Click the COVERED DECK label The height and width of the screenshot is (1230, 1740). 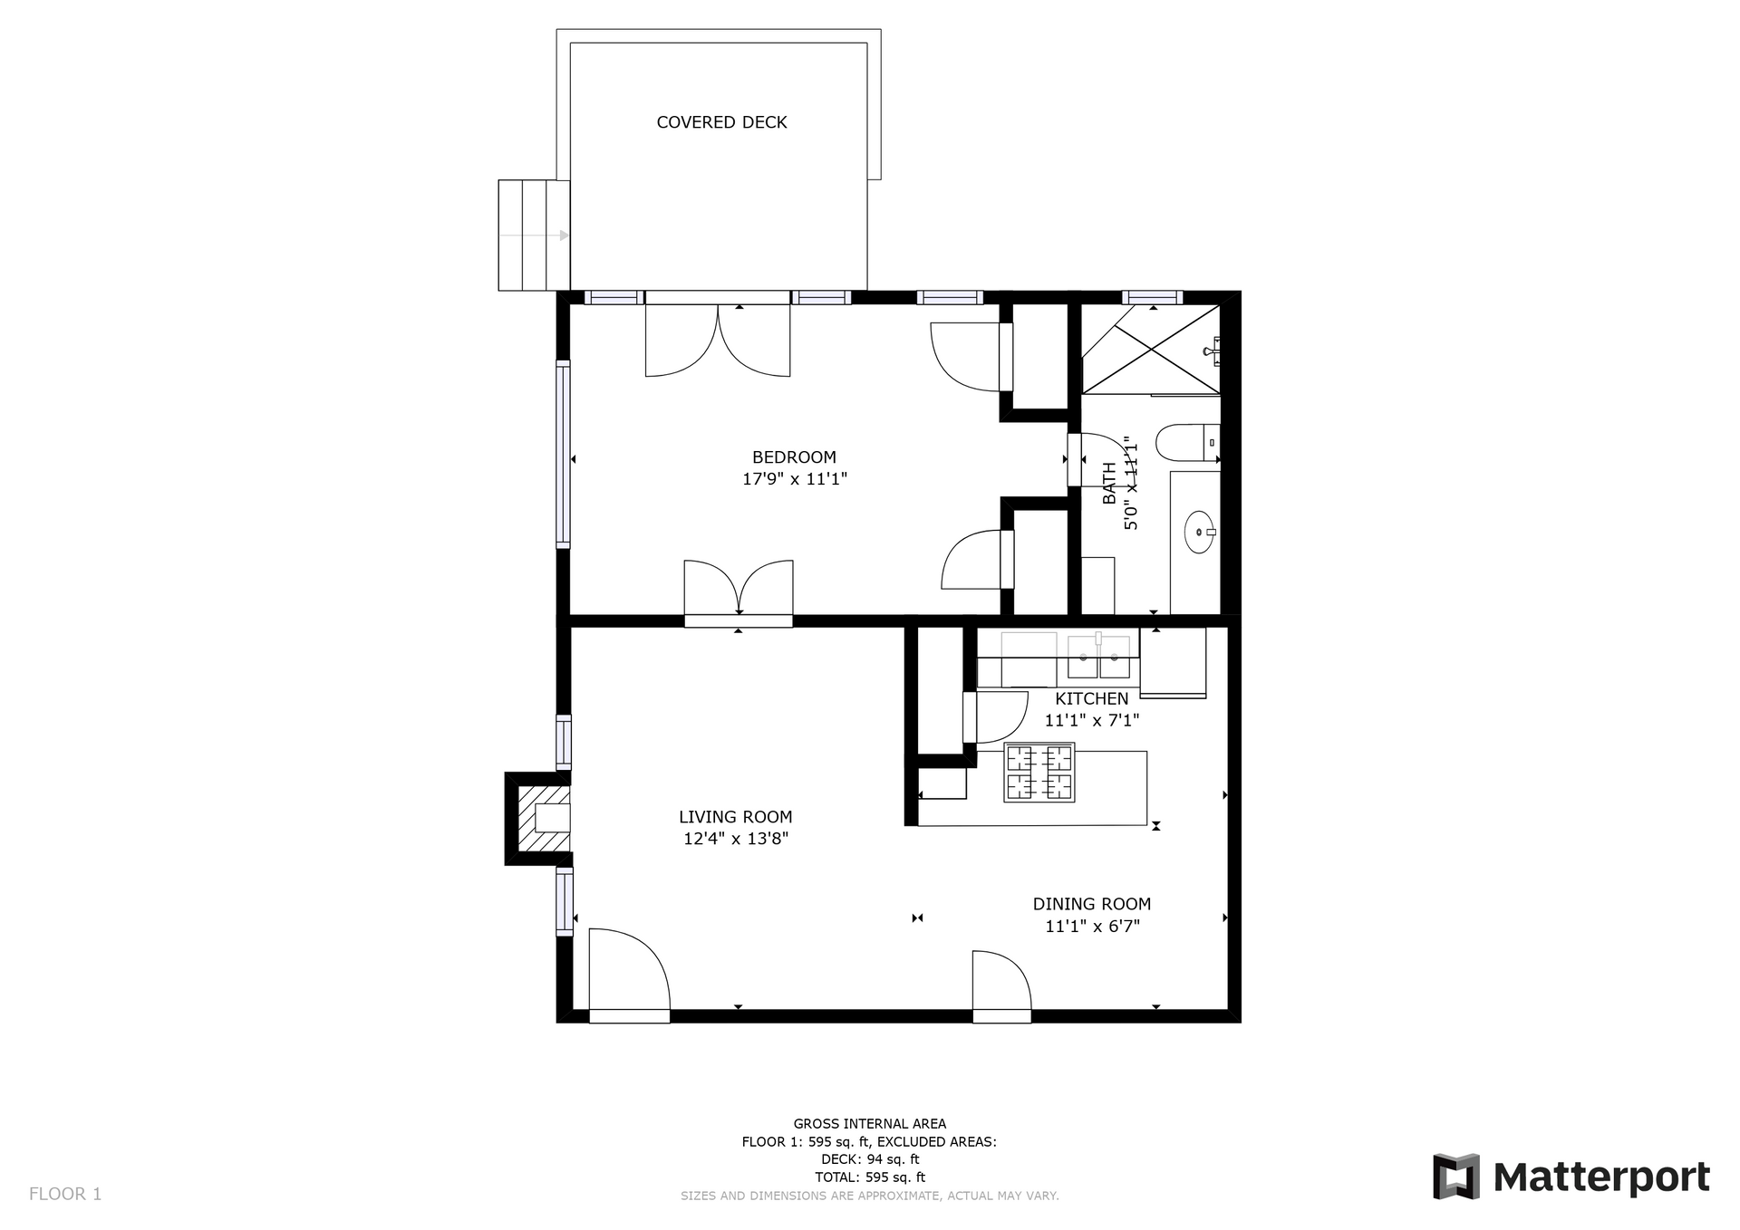721,122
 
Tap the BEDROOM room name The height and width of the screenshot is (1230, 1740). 794,457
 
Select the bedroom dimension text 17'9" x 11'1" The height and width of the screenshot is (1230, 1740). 794,479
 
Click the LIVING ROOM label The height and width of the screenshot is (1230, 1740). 736,817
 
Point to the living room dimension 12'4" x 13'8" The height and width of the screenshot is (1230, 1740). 736,839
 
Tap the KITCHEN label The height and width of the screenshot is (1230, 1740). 1092,698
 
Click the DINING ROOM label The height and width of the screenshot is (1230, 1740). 1092,904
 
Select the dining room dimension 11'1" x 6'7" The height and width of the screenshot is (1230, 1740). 1092,926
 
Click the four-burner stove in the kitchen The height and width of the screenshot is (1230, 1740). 1039,773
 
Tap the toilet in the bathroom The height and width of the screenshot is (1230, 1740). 1187,443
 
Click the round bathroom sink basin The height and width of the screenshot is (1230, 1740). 1200,533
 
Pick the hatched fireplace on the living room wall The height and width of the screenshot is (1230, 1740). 538,819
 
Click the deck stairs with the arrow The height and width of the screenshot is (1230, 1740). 534,235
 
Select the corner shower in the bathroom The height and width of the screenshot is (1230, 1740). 1151,350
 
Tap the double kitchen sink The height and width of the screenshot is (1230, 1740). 1099,657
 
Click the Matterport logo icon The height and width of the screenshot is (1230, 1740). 1455,1177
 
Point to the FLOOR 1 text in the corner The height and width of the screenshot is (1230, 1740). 65,1194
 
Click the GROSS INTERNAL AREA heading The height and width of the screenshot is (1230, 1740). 870,1124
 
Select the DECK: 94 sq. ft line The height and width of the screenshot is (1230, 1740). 870,1159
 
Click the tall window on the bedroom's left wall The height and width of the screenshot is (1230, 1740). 563,454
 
